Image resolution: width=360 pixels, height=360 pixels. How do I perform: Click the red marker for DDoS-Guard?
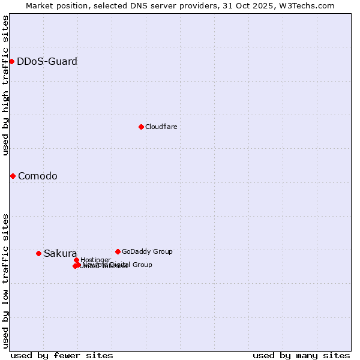(x=11, y=61)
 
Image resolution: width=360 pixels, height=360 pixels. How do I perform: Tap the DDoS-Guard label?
(x=47, y=61)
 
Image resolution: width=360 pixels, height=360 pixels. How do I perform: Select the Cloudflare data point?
(x=141, y=127)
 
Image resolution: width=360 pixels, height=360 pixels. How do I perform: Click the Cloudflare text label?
(x=161, y=127)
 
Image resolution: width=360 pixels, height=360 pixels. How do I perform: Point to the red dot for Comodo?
(x=13, y=176)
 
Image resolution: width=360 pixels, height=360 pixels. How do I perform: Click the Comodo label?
(x=38, y=176)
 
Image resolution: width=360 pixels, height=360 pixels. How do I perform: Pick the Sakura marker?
(x=38, y=253)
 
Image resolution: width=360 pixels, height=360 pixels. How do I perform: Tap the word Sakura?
(x=60, y=253)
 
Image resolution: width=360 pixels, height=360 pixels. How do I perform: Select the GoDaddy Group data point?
(x=118, y=251)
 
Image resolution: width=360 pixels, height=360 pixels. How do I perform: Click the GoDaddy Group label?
(x=147, y=251)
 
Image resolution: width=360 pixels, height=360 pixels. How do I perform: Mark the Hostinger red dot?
(x=76, y=260)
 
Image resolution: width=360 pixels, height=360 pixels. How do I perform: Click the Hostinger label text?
(x=95, y=260)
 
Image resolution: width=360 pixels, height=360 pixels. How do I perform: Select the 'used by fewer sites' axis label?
(x=62, y=355)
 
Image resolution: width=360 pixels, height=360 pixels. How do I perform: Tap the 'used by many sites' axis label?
(x=301, y=355)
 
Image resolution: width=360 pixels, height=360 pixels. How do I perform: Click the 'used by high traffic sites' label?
(x=5, y=85)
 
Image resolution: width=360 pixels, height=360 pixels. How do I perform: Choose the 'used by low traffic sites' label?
(x=5, y=280)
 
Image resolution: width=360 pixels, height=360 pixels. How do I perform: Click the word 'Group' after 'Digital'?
(x=142, y=265)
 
